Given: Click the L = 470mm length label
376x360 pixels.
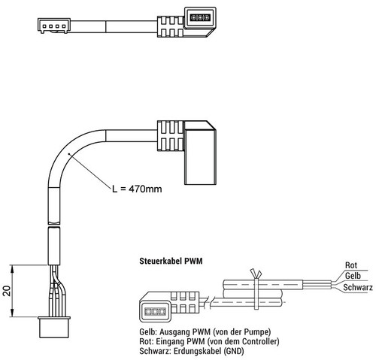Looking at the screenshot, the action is pyautogui.click(x=137, y=189).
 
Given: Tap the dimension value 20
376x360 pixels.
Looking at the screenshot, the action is pyautogui.click(x=7, y=291).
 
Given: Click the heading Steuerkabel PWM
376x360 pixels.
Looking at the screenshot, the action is pyautogui.click(x=171, y=261).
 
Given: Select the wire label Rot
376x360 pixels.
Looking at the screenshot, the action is pyautogui.click(x=351, y=265).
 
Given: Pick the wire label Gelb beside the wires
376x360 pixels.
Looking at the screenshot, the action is pyautogui.click(x=353, y=276).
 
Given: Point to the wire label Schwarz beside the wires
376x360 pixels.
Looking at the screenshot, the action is pyautogui.click(x=358, y=287).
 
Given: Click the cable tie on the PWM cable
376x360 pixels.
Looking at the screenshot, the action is pyautogui.click(x=256, y=289).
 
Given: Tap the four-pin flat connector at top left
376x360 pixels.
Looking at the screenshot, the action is pyautogui.click(x=53, y=26).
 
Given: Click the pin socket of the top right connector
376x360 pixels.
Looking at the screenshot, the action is pyautogui.click(x=200, y=17).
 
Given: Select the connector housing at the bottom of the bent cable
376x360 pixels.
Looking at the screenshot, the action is pyautogui.click(x=54, y=327).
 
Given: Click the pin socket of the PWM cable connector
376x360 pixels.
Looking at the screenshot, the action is pyautogui.click(x=155, y=311).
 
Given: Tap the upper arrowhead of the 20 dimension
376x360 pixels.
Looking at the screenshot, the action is pyautogui.click(x=12, y=268).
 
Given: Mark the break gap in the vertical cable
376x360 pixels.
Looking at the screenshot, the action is pyautogui.click(x=54, y=225).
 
